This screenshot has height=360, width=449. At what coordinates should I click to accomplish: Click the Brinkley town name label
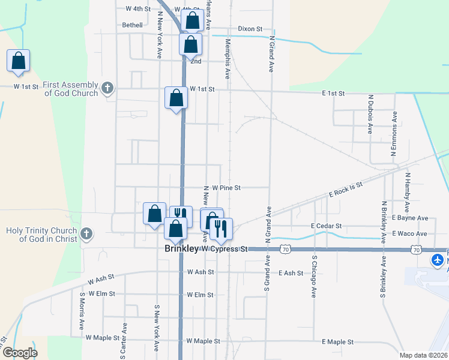(x=182, y=248)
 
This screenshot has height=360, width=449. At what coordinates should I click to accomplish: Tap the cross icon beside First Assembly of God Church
(x=107, y=89)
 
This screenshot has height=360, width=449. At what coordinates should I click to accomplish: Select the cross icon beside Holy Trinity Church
(x=86, y=234)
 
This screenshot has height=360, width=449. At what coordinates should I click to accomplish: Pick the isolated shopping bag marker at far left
(x=19, y=61)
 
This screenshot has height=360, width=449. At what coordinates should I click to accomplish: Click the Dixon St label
(x=250, y=28)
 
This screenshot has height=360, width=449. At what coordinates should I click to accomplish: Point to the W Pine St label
(x=226, y=188)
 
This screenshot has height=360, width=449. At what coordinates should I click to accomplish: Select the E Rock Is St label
(x=346, y=190)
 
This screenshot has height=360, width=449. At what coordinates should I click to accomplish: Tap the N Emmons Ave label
(x=394, y=134)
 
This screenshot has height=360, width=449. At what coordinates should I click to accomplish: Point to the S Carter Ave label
(x=125, y=340)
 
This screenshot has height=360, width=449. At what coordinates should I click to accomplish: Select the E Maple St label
(x=337, y=342)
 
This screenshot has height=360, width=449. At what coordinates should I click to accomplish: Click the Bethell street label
(x=133, y=25)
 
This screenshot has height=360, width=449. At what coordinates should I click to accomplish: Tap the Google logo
(x=20, y=353)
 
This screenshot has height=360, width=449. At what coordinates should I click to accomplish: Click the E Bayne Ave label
(x=409, y=218)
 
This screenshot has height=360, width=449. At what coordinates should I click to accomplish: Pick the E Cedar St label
(x=326, y=226)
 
